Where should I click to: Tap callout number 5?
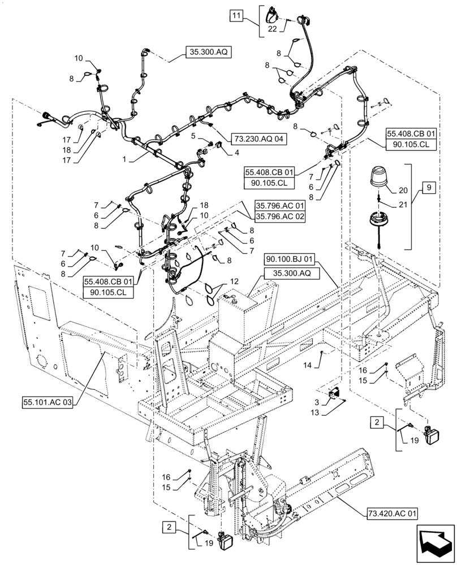coord(193,136)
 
